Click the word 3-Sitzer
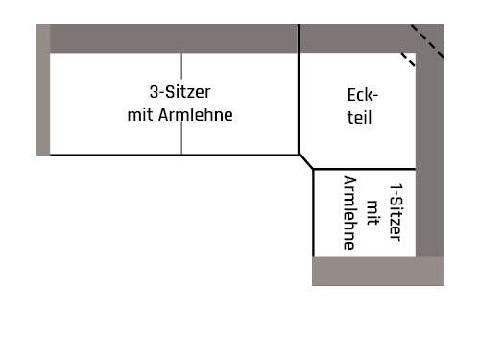point(180,92)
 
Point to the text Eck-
point(363,96)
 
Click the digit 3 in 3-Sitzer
point(155,92)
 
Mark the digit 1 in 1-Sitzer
point(396,187)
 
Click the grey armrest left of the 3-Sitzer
point(42,90)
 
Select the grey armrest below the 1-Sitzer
point(377,272)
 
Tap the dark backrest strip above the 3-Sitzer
point(173,38)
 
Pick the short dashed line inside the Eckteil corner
point(408,60)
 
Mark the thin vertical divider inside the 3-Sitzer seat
point(181,104)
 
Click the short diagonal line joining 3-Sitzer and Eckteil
point(306,161)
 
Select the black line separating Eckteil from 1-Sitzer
point(365,170)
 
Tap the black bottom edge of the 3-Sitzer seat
point(173,155)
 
